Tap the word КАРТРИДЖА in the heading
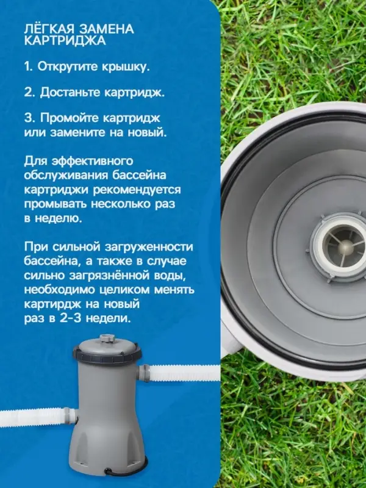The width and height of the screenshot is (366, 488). tap(65, 41)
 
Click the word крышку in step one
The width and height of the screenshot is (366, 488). tap(126, 66)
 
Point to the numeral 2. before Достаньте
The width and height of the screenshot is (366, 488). tap(29, 93)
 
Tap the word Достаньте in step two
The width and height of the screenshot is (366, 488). tap(68, 93)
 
